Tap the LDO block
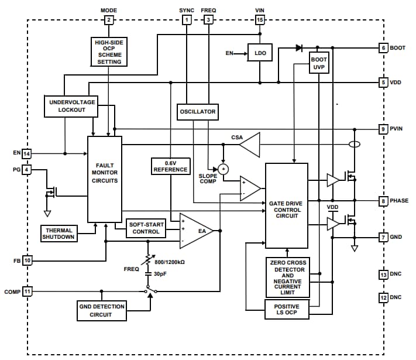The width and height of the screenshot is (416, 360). pyautogui.click(x=260, y=53)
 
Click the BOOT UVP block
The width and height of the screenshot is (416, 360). pyautogui.click(x=318, y=64)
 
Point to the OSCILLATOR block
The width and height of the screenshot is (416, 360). pyautogui.click(x=197, y=111)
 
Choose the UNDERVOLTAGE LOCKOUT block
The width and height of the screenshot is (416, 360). pyautogui.click(x=71, y=106)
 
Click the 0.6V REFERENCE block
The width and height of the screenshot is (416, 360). pyautogui.click(x=170, y=166)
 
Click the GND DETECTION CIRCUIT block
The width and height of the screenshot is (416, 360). pyautogui.click(x=103, y=310)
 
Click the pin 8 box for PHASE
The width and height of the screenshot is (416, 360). pyautogui.click(x=383, y=201)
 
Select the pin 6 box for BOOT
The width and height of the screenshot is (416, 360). pyautogui.click(x=383, y=47)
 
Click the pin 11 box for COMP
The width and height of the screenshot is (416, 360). pyautogui.click(x=27, y=290)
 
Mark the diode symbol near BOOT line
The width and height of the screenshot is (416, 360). pyautogui.click(x=299, y=47)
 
